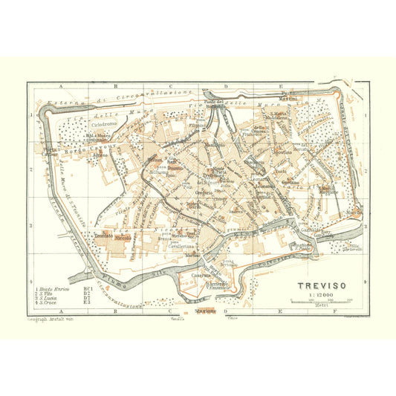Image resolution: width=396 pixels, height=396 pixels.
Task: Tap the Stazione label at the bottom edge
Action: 203,311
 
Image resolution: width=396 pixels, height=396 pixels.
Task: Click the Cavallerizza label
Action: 181,245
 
